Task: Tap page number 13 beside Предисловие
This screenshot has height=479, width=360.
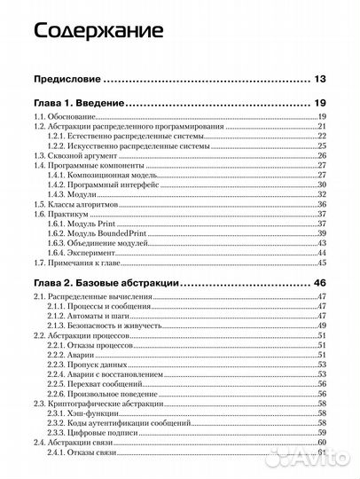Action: point(321,79)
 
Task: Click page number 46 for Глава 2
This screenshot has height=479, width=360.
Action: point(320,281)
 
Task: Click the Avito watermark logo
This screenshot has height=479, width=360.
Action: point(306,457)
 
